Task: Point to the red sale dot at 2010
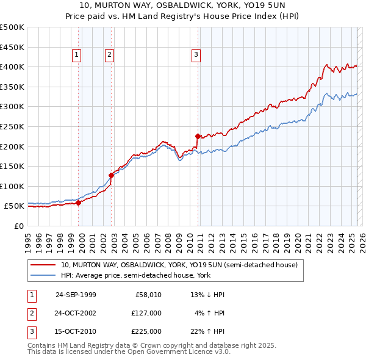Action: [198, 136]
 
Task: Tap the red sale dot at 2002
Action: [112, 175]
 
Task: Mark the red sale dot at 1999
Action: [79, 203]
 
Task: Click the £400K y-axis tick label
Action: [12, 67]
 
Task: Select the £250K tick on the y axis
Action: [12, 126]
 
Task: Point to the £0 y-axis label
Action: [18, 226]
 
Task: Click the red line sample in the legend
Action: [43, 265]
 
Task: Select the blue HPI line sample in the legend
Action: [43, 275]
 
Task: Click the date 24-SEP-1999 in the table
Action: [76, 295]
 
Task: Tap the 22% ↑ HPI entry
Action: [208, 331]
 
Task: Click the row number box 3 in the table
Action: [31, 331]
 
